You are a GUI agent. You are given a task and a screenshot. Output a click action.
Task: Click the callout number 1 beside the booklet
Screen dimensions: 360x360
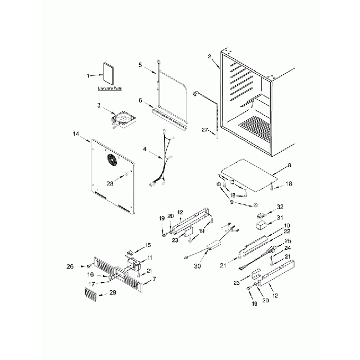coord(88,75)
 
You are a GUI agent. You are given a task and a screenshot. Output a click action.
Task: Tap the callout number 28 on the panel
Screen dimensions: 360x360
coord(109,183)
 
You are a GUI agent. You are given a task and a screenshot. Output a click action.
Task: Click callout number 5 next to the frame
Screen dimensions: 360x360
coord(141,65)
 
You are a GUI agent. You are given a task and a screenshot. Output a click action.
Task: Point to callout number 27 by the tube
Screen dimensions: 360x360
coord(204,131)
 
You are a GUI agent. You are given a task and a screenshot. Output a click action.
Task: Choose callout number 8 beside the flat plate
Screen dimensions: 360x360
coord(289,165)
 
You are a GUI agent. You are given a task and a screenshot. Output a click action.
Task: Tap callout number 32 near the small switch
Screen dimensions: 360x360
coord(280,206)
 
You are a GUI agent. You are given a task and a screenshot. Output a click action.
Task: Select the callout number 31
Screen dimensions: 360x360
coord(280,217)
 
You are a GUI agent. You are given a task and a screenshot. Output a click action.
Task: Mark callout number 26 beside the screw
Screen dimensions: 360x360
coord(70,266)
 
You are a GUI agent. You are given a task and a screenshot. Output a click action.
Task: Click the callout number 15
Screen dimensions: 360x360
coord(147,245)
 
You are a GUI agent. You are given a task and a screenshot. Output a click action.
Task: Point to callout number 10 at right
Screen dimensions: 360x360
coord(287,225)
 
